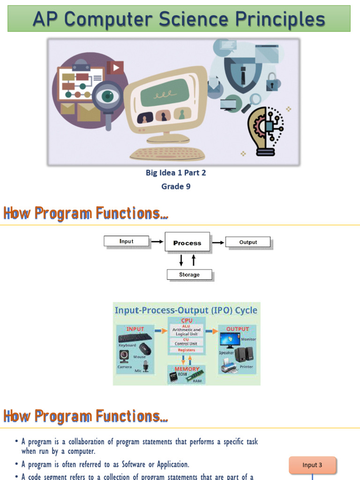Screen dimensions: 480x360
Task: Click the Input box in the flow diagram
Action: click(x=126, y=241)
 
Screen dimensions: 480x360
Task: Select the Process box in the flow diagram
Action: click(x=187, y=243)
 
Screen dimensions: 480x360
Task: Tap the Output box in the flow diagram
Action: click(x=248, y=242)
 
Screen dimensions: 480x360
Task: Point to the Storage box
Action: click(x=189, y=275)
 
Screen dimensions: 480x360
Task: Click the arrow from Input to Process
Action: click(x=157, y=242)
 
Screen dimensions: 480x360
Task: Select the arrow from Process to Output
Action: click(x=218, y=242)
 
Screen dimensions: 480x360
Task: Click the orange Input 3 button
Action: click(x=312, y=465)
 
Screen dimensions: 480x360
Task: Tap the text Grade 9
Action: click(x=176, y=187)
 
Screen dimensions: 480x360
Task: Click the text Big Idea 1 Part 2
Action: click(x=176, y=172)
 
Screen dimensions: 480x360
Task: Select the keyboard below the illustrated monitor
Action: click(x=167, y=153)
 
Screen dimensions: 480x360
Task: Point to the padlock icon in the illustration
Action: click(x=272, y=82)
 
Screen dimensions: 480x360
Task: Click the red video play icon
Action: click(x=115, y=68)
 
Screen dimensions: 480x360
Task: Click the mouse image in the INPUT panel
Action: click(x=145, y=349)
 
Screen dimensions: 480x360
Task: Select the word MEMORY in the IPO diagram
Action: click(x=187, y=369)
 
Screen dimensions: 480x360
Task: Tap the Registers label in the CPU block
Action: click(x=187, y=350)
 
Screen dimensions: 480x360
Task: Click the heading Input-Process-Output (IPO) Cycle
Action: click(x=186, y=310)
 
